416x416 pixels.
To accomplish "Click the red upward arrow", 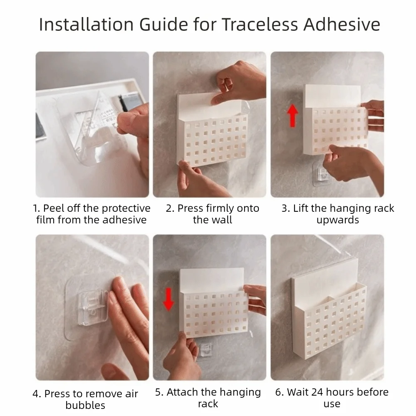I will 292,116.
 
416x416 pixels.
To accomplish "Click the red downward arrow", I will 168,299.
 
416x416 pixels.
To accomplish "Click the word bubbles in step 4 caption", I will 85,405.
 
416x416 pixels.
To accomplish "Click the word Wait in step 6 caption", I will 299,392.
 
